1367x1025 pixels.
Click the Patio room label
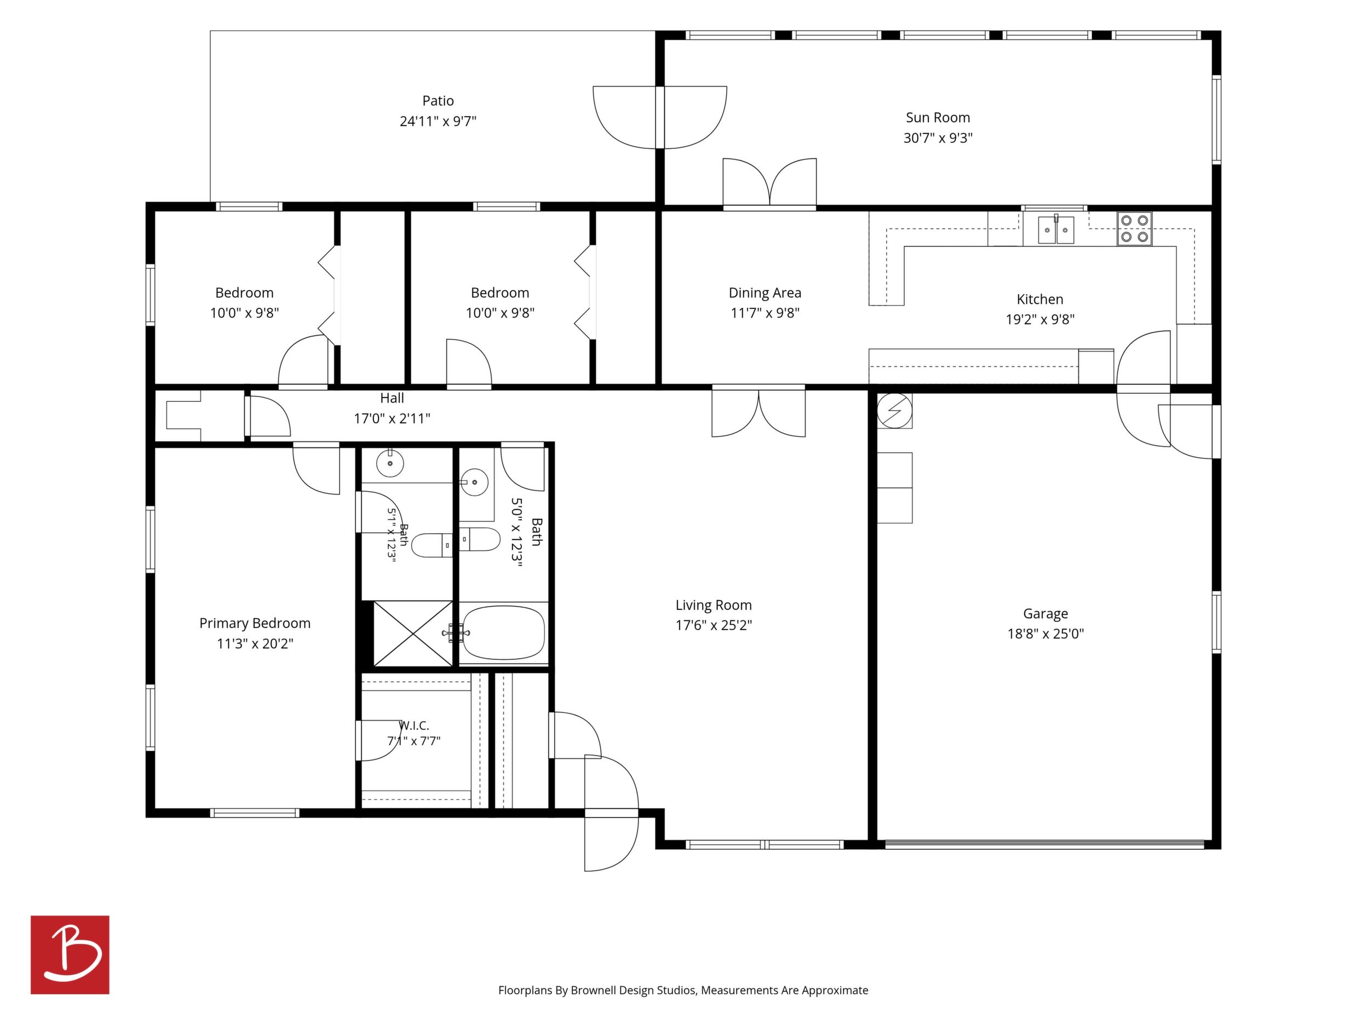click(x=438, y=101)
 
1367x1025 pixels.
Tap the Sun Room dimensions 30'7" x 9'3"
click(x=938, y=138)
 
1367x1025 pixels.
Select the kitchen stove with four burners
click(x=1134, y=229)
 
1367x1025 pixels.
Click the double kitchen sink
click(x=1055, y=230)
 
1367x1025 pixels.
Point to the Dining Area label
click(x=765, y=293)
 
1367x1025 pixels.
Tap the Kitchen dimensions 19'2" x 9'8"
click(x=1040, y=319)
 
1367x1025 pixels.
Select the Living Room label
click(x=713, y=606)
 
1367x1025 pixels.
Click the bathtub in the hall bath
click(x=504, y=632)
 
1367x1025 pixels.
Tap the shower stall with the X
click(x=413, y=634)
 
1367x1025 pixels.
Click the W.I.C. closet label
click(x=413, y=725)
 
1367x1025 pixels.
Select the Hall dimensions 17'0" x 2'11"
click(x=392, y=419)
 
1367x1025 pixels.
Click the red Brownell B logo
click(x=70, y=954)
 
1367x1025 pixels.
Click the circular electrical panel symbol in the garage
click(x=894, y=410)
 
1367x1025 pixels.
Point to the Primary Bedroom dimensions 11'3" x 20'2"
click(x=255, y=644)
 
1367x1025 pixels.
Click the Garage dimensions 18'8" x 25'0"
click(x=1045, y=634)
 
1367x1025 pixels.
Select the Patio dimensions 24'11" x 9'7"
click(x=438, y=121)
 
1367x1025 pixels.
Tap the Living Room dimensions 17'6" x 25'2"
click(x=713, y=625)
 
